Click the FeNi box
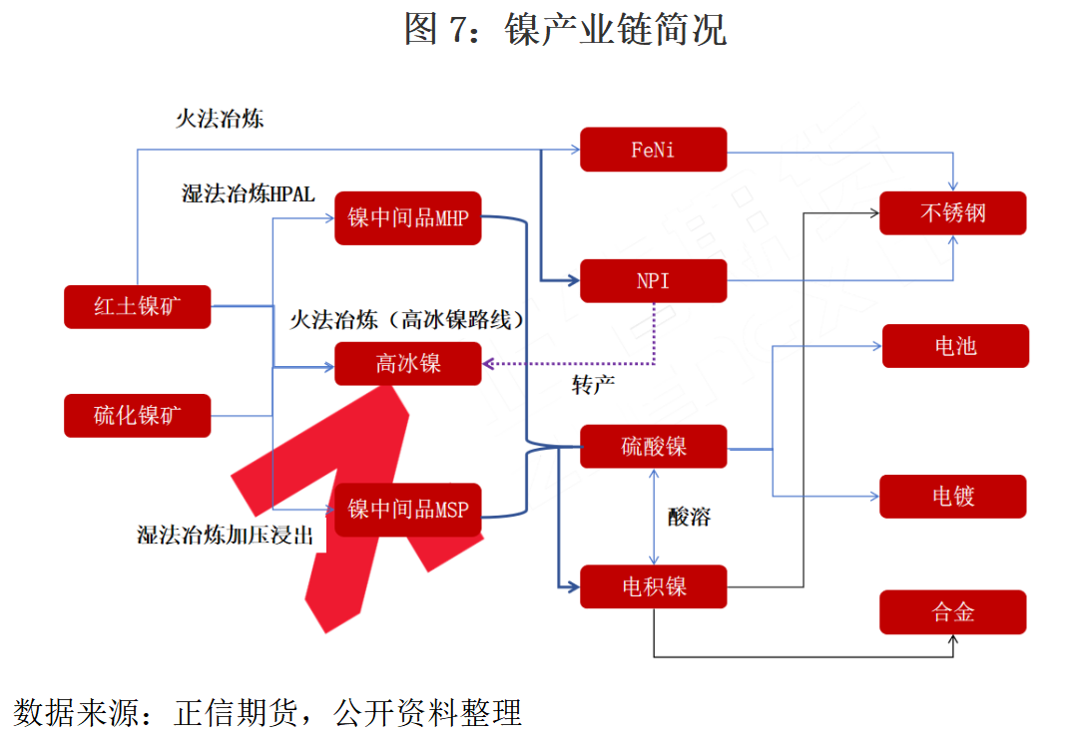pyautogui.click(x=653, y=150)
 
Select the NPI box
pyautogui.click(x=653, y=280)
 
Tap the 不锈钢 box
pyautogui.click(x=952, y=213)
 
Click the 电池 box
pyautogui.click(x=955, y=346)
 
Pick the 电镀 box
pyautogui.click(x=952, y=497)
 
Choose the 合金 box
pyautogui.click(x=952, y=612)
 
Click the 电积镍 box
pyautogui.click(x=653, y=586)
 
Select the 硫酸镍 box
pyautogui.click(x=653, y=446)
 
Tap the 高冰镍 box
pyautogui.click(x=407, y=364)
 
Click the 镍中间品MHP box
pyautogui.click(x=407, y=218)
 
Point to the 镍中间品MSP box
pyautogui.click(x=407, y=510)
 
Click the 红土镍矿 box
pyautogui.click(x=137, y=306)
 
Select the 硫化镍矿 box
pyautogui.click(x=137, y=416)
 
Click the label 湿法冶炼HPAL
pyautogui.click(x=249, y=194)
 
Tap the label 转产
pyautogui.click(x=593, y=386)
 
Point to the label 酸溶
pyautogui.click(x=690, y=517)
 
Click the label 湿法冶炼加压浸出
pyautogui.click(x=225, y=536)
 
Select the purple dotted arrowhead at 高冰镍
pyautogui.click(x=488, y=364)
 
